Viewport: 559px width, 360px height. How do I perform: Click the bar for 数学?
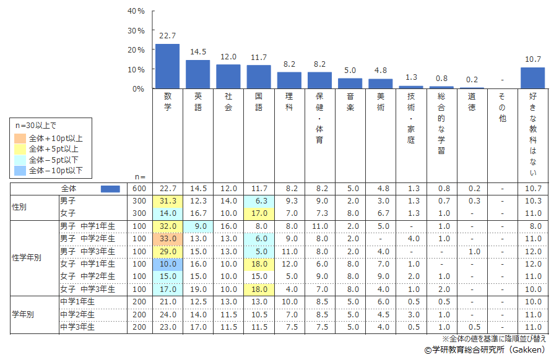click(167, 66)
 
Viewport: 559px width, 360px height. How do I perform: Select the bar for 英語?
click(197, 74)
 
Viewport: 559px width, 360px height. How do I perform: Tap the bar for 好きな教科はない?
click(532, 78)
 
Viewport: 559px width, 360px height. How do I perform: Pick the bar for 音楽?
click(350, 84)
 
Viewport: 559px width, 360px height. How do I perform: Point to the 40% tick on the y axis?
click(136, 11)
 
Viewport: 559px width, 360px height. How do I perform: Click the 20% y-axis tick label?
click(136, 50)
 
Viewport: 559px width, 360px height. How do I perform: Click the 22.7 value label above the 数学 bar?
click(167, 36)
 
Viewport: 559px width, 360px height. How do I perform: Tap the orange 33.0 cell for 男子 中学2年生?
click(167, 238)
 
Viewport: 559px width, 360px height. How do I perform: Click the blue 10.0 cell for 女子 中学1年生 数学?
click(167, 264)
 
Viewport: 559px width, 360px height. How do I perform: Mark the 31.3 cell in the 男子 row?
click(167, 201)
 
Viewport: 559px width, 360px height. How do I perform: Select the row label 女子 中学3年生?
click(87, 289)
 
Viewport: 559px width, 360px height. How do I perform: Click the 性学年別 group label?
click(27, 257)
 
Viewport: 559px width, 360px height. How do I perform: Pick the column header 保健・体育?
click(319, 118)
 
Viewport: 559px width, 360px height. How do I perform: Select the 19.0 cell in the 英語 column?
click(197, 289)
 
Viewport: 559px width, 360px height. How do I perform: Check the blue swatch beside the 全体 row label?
click(110, 189)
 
